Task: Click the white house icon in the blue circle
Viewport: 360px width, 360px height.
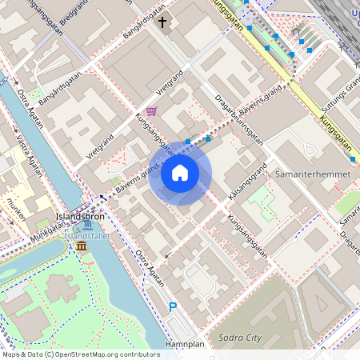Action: tap(180, 172)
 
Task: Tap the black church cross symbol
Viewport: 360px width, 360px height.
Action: tap(162, 22)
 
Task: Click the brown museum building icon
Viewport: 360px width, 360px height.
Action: tap(82, 246)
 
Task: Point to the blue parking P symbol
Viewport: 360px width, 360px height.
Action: tap(172, 307)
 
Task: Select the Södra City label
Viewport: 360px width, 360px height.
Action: tap(239, 337)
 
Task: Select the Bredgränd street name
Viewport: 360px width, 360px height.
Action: tap(74, 22)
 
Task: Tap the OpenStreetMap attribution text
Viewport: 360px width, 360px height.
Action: tap(80, 354)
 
